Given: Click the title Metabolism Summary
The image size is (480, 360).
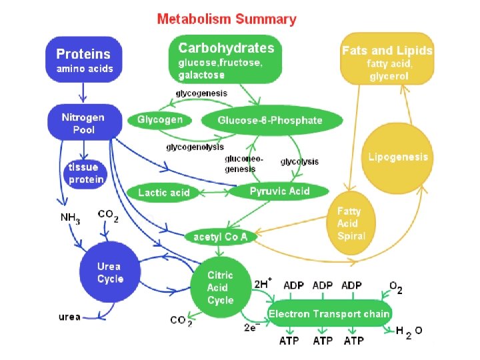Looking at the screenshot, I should pyautogui.click(x=227, y=19).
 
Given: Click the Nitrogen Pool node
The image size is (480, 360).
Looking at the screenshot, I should pyautogui.click(x=83, y=123).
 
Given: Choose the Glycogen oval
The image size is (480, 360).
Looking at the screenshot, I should pyautogui.click(x=160, y=121).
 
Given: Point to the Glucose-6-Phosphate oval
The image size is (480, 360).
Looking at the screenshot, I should pyautogui.click(x=270, y=121).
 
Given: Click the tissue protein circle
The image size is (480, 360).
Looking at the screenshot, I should pyautogui.click(x=86, y=173).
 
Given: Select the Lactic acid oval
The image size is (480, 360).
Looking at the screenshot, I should pyautogui.click(x=164, y=193).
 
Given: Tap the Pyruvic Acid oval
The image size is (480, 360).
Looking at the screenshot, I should pyautogui.click(x=279, y=191).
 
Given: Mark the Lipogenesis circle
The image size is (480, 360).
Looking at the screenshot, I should pyautogui.click(x=398, y=157).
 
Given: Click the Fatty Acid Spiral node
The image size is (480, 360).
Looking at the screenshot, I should pyautogui.click(x=351, y=223).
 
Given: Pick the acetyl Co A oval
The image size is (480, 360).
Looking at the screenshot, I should pyautogui.click(x=220, y=237).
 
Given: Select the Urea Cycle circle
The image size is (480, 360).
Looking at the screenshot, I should pyautogui.click(x=110, y=272).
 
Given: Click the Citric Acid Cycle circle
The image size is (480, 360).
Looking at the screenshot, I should pyautogui.click(x=220, y=287).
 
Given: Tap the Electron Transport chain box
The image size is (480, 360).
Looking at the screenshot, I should pyautogui.click(x=329, y=313).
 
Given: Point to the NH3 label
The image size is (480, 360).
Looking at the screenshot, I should pyautogui.click(x=71, y=218).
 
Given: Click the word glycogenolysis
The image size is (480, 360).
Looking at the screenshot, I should pyautogui.click(x=195, y=147).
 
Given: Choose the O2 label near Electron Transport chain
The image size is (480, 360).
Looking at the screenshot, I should pyautogui.click(x=395, y=289).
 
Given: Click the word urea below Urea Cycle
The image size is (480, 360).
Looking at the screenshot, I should pyautogui.click(x=69, y=317).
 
